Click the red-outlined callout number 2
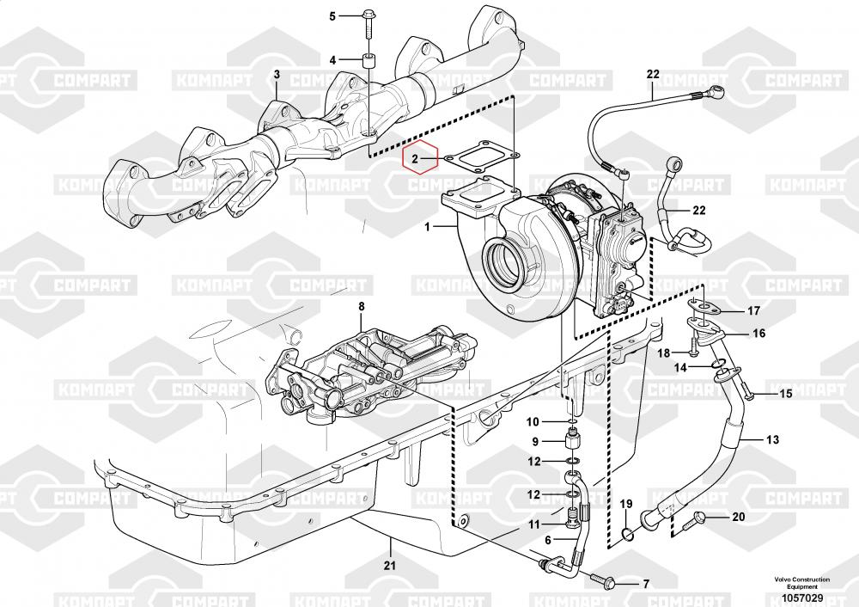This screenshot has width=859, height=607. pos(414,159)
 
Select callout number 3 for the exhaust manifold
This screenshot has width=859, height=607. pos(277,75)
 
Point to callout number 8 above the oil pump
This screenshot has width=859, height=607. pos(362,306)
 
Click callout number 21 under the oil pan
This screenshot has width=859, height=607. pos(389,565)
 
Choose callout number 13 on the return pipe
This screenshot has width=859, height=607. pos(772,440)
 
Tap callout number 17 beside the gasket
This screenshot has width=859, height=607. pos(753,310)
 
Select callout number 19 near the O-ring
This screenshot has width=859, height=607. pos(626,503)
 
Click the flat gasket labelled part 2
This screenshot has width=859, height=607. pos(484,158)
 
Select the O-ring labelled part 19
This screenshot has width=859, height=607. pos(627,536)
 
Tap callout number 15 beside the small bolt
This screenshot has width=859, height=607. pos(784,394)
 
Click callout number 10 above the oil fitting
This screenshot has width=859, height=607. pos(533,421)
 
